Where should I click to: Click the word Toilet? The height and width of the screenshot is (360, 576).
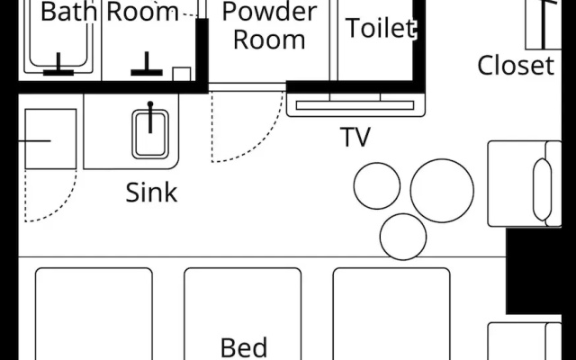pos(381,28)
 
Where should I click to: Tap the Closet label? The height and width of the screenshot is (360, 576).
pos(516,66)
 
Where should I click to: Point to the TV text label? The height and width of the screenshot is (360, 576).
pos(355,137)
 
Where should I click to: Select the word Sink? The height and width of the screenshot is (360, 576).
pos(151,193)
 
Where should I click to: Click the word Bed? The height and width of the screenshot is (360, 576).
pos(244,347)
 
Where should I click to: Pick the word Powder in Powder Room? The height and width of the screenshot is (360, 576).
pos(269,11)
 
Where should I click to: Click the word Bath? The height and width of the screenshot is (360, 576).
pos(68,12)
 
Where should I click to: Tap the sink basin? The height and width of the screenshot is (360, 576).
pos(150,134)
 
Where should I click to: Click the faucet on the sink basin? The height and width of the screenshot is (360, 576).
pos(150,117)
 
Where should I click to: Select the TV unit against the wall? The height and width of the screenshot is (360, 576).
pos(355,104)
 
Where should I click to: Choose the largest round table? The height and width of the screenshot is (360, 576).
pos(442,191)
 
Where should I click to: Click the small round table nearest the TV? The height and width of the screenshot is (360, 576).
pos(377,186)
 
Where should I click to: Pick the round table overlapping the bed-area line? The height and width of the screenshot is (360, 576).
pos(403,237)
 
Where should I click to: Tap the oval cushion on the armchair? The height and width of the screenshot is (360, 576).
pos(542,190)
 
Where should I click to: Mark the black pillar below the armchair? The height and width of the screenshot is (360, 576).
pos(534,271)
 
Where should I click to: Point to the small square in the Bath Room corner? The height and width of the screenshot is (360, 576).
pos(182,74)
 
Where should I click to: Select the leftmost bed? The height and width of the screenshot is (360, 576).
pos(94,314)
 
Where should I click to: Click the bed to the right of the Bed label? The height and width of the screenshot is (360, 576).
pos(391,314)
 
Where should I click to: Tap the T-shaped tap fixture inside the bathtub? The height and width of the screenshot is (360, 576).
pos(58,66)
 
